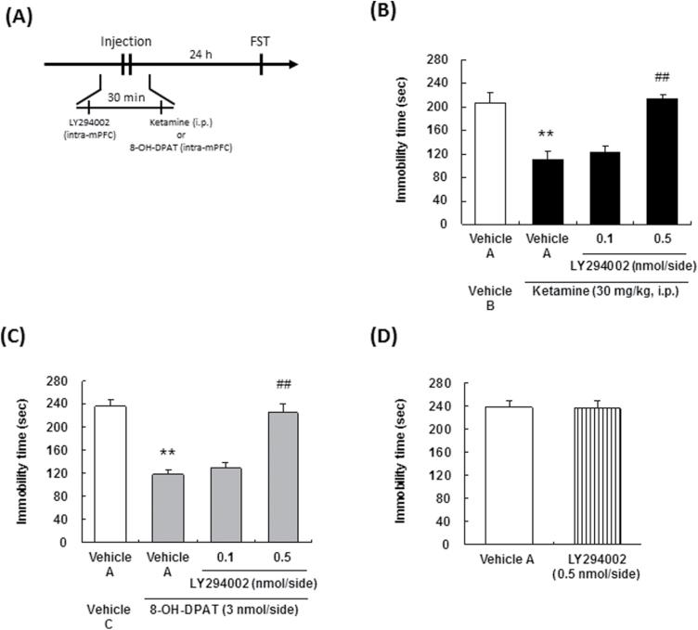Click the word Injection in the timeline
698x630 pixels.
click(125, 42)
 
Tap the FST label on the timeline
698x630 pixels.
click(261, 42)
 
